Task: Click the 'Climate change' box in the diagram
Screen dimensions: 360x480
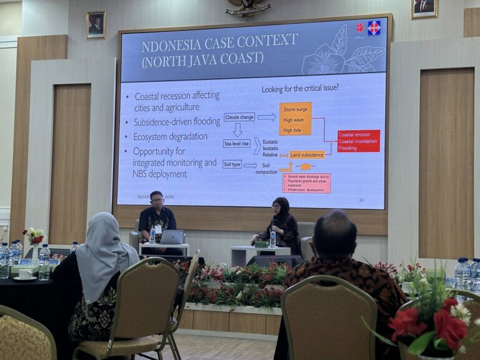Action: pos(239,117)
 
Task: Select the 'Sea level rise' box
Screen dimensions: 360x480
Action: pos(237,143)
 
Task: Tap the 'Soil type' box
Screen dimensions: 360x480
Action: pos(232,164)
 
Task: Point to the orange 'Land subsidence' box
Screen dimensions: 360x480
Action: pos(307,154)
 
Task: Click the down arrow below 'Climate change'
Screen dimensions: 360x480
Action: pos(237,129)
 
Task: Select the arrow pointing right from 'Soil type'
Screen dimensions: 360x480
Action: pos(250,165)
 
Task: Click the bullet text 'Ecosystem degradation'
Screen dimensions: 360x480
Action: pos(170,137)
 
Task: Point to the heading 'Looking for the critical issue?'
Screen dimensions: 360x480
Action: pos(300,88)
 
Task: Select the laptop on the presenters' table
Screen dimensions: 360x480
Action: pos(172,237)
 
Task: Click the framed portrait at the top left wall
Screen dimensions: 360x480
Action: pos(96,26)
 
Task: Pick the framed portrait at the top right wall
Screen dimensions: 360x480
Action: pos(424,7)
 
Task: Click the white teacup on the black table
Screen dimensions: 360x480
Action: pos(26,274)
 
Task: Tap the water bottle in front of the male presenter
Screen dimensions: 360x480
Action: pos(152,235)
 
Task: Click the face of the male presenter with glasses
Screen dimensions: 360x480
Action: pos(156,202)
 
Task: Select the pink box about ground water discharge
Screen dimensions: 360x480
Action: pos(306,183)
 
